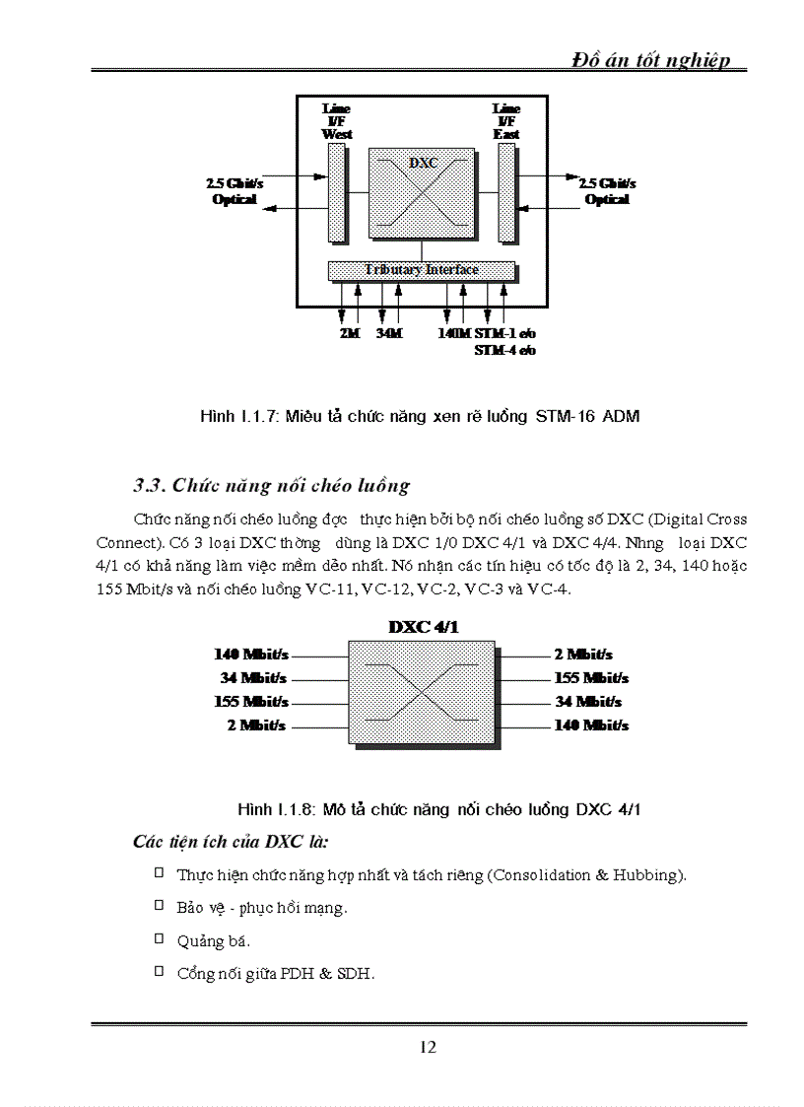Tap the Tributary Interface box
[x=421, y=270]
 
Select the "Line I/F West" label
[x=337, y=121]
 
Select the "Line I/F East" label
[x=506, y=121]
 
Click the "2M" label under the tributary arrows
[x=349, y=333]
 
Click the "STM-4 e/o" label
[x=504, y=349]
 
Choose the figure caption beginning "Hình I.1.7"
[x=420, y=416]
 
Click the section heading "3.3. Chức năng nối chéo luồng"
[x=271, y=485]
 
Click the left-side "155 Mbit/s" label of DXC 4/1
[x=251, y=702]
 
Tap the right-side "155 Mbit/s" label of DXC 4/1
[x=591, y=678]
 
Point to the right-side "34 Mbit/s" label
[x=588, y=702]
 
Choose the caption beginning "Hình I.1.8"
[x=439, y=809]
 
